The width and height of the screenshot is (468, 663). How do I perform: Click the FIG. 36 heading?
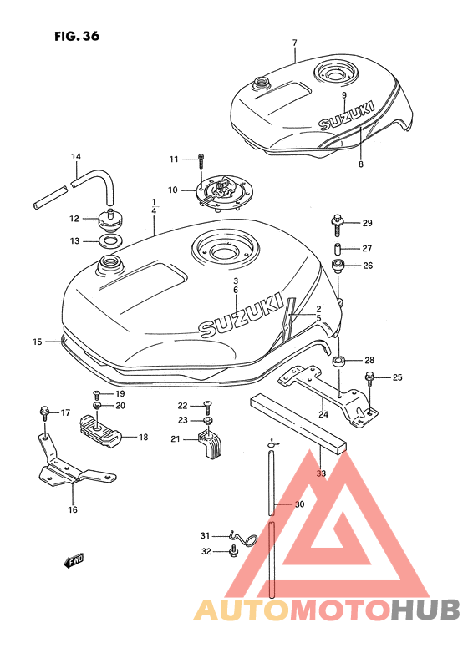point(77,37)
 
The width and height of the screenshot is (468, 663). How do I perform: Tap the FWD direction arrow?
point(74,561)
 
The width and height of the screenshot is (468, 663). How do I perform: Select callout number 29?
point(367,223)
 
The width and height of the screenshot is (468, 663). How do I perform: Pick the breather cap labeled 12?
point(110,220)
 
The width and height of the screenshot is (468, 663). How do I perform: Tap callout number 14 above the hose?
point(76,157)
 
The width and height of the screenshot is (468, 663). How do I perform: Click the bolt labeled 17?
point(44,413)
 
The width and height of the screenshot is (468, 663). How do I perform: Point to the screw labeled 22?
point(207,407)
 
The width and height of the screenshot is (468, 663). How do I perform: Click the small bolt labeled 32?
point(232,552)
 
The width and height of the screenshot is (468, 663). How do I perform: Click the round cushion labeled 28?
point(338,362)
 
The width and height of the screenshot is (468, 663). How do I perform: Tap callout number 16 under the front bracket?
point(73,509)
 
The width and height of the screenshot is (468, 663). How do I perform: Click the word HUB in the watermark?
point(425,610)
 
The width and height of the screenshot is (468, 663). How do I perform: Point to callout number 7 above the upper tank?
point(294,43)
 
